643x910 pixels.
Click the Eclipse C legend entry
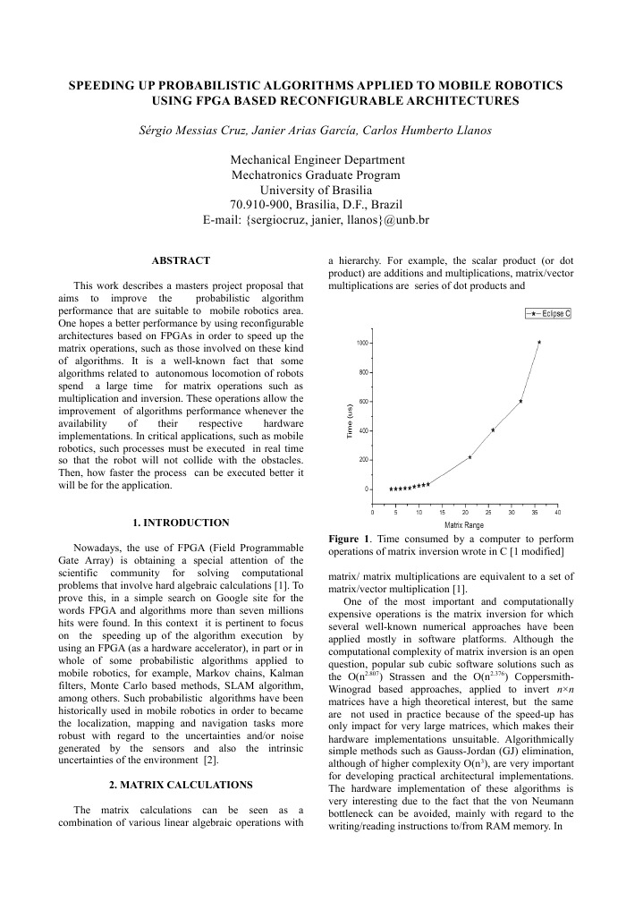coord(548,312)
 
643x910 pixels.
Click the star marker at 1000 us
coord(539,342)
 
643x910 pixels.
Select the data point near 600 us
coord(520,401)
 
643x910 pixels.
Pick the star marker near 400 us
coord(493,430)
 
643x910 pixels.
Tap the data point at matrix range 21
coord(470,457)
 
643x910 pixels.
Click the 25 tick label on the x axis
coord(488,512)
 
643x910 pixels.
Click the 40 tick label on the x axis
coord(558,512)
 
